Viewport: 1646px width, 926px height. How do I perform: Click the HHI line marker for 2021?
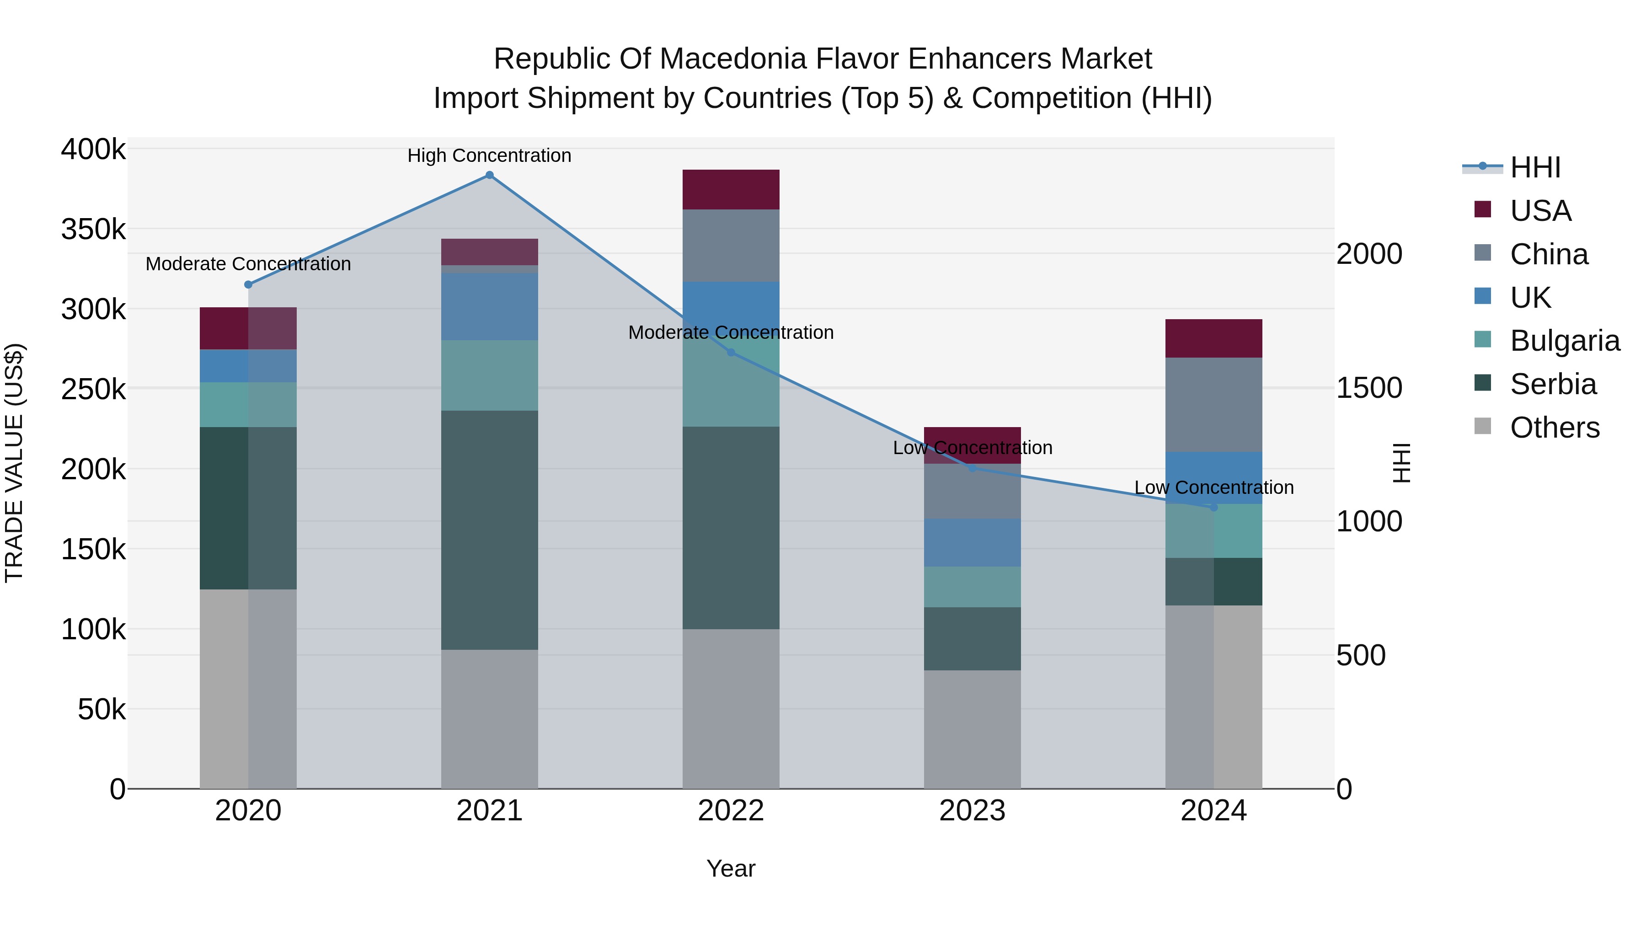click(489, 175)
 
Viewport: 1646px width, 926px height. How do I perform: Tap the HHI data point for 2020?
click(249, 284)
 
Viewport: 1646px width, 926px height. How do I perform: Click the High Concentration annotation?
click(489, 155)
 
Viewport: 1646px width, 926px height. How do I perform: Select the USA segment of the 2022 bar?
click(731, 190)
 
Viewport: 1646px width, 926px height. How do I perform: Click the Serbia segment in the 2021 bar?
click(489, 530)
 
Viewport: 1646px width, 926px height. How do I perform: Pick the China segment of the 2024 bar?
click(1214, 405)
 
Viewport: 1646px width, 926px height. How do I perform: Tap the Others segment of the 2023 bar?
click(973, 729)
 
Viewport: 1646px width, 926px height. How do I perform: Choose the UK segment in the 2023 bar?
click(973, 542)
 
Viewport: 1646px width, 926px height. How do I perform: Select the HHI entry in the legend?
click(1535, 167)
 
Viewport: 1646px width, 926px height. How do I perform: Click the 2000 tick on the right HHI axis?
click(1368, 254)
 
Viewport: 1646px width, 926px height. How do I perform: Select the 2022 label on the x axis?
click(731, 811)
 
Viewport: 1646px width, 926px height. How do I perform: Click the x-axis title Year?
click(731, 868)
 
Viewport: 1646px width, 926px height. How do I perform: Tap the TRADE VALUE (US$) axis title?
click(14, 463)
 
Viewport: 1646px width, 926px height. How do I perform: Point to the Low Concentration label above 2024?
click(1214, 487)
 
